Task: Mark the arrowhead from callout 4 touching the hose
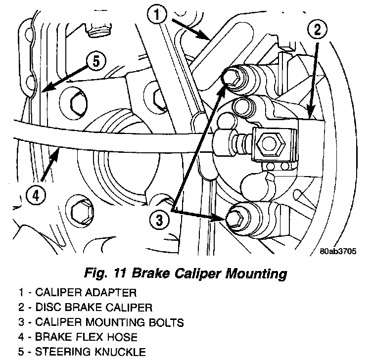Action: point(58,151)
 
